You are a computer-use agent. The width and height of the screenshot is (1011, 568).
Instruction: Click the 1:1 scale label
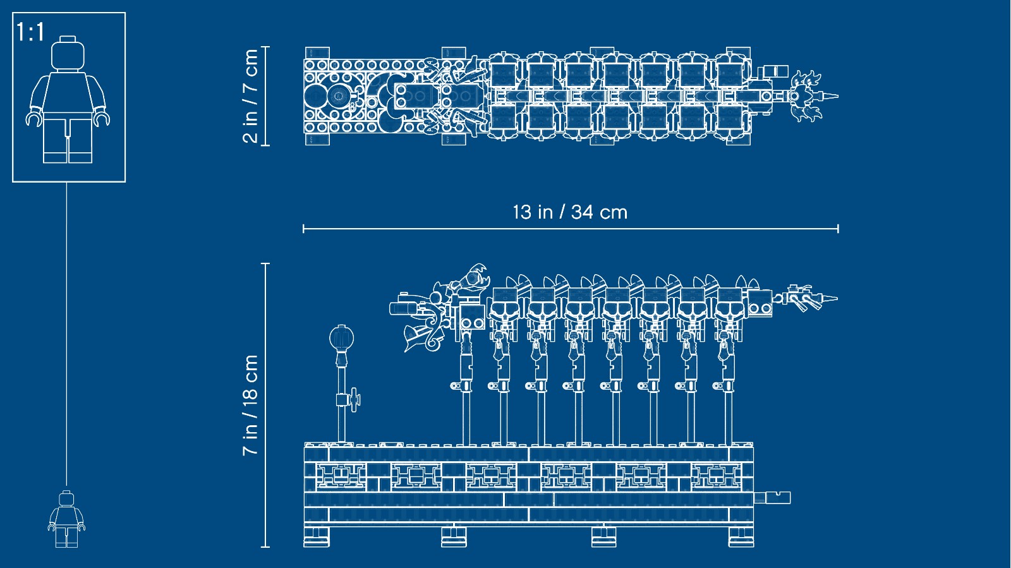[31, 32]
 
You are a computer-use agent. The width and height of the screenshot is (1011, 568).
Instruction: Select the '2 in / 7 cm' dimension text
[250, 96]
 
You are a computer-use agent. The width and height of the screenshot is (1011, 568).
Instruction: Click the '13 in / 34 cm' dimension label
[570, 212]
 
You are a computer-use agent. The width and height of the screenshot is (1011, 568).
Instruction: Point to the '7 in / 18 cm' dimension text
[250, 405]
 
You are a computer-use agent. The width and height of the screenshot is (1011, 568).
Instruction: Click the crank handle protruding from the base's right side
[772, 498]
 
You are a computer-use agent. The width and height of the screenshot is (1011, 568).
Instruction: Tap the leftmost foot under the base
[317, 537]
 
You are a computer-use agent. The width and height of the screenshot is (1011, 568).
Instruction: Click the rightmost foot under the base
[741, 537]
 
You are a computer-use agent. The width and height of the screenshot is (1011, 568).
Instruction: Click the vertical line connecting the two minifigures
[67, 334]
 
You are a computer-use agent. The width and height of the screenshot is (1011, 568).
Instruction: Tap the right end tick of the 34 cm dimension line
[838, 229]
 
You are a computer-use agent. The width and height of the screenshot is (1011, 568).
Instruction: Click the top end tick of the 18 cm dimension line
[265, 263]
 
